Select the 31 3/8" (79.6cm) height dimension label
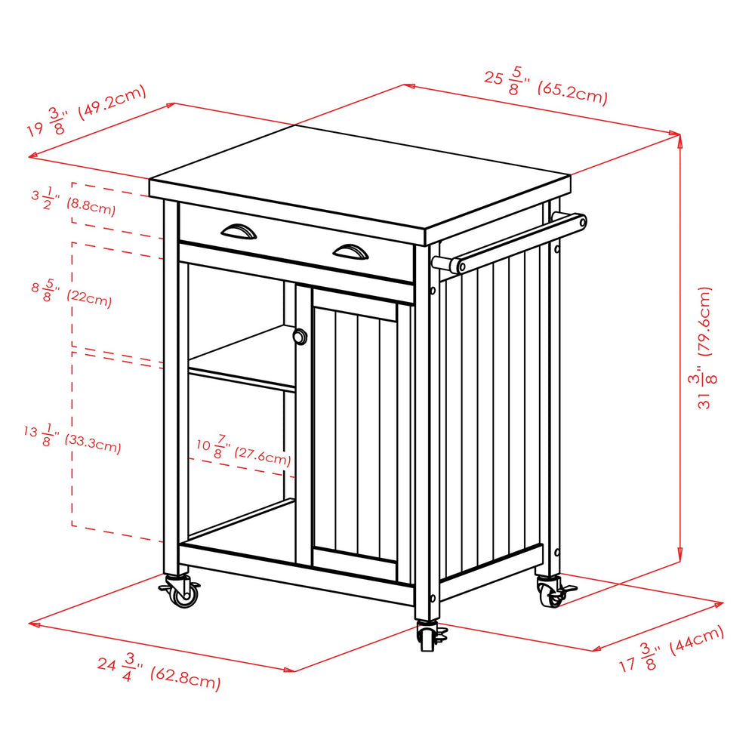point(703,347)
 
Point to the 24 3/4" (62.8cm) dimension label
point(159,674)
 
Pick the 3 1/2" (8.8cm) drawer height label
point(73,200)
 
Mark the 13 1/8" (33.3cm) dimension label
point(72,439)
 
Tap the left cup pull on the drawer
point(239,230)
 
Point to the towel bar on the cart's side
point(513,242)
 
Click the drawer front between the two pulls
point(294,242)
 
